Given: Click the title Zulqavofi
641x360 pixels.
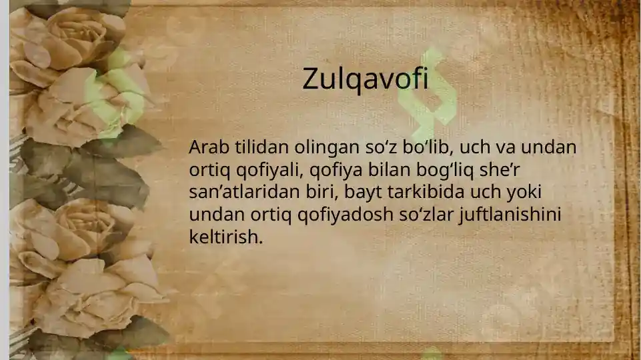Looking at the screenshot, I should pos(365,79).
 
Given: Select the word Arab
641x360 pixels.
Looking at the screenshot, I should pos(207,147).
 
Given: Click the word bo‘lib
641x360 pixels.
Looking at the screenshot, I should pos(420,147).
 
